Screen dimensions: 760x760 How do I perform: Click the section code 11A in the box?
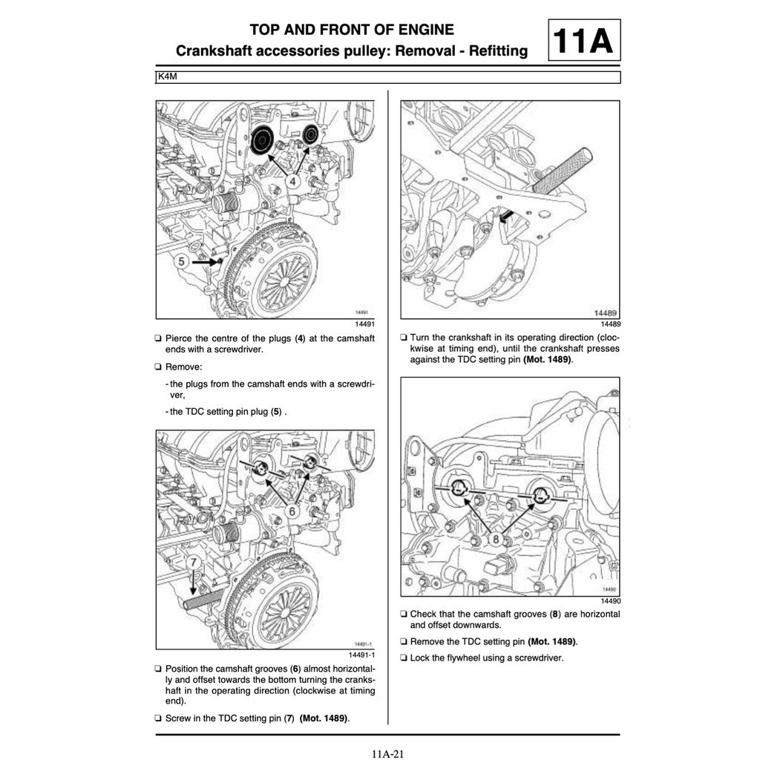pos(585,41)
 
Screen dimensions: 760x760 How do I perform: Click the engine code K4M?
pos(167,76)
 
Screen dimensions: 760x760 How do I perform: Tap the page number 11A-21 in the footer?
pos(387,754)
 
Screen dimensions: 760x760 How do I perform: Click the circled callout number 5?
pos(182,261)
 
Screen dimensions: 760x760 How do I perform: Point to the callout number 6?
pos(292,511)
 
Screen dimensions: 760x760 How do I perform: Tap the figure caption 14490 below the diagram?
pos(610,600)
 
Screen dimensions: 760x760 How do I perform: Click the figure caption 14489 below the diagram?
pos(610,324)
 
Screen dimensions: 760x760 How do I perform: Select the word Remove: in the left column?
pos(183,367)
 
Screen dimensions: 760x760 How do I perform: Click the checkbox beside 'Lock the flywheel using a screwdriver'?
pos(403,658)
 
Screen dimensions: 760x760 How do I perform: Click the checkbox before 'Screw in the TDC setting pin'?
pos(158,718)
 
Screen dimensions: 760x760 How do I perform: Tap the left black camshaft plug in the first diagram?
pos(262,140)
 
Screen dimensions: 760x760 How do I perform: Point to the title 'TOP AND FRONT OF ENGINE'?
pos(352,30)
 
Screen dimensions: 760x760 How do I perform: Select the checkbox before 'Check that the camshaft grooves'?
pos(403,615)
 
